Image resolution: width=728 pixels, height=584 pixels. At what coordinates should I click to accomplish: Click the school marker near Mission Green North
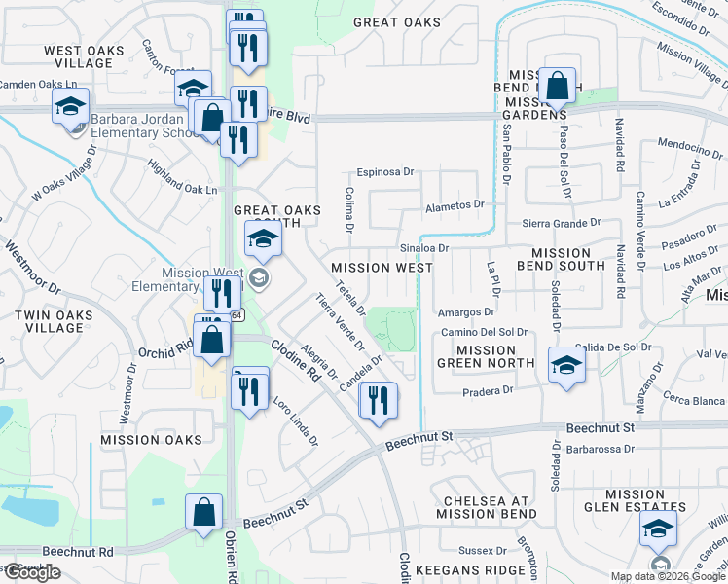pyautogui.click(x=565, y=367)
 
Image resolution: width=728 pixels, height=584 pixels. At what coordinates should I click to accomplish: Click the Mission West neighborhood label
pyautogui.click(x=382, y=267)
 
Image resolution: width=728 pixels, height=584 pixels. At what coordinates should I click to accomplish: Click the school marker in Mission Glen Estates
pyautogui.click(x=659, y=529)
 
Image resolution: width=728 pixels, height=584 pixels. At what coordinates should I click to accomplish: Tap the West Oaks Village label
pyautogui.click(x=85, y=56)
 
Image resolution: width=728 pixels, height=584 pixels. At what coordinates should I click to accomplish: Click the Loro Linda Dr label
pyautogui.click(x=296, y=420)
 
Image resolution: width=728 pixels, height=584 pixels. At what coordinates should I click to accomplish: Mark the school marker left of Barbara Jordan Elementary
pyautogui.click(x=70, y=108)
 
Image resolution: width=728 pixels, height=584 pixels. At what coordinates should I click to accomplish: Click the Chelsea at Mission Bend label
pyautogui.click(x=484, y=506)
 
